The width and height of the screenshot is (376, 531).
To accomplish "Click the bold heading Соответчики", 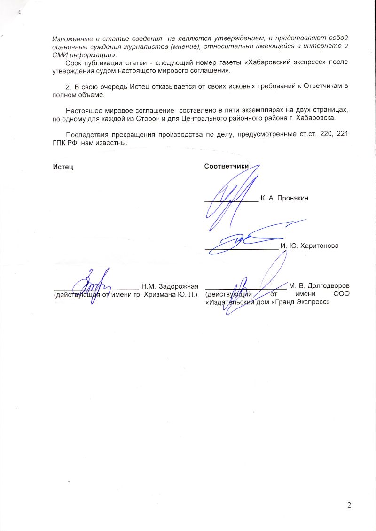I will point(226,167).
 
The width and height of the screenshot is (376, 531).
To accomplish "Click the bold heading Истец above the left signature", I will point(63,167).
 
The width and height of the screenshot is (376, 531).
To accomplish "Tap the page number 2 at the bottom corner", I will point(349,505).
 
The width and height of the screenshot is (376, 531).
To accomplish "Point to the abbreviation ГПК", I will point(59,142).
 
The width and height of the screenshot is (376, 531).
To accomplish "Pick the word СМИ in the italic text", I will point(59,54).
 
